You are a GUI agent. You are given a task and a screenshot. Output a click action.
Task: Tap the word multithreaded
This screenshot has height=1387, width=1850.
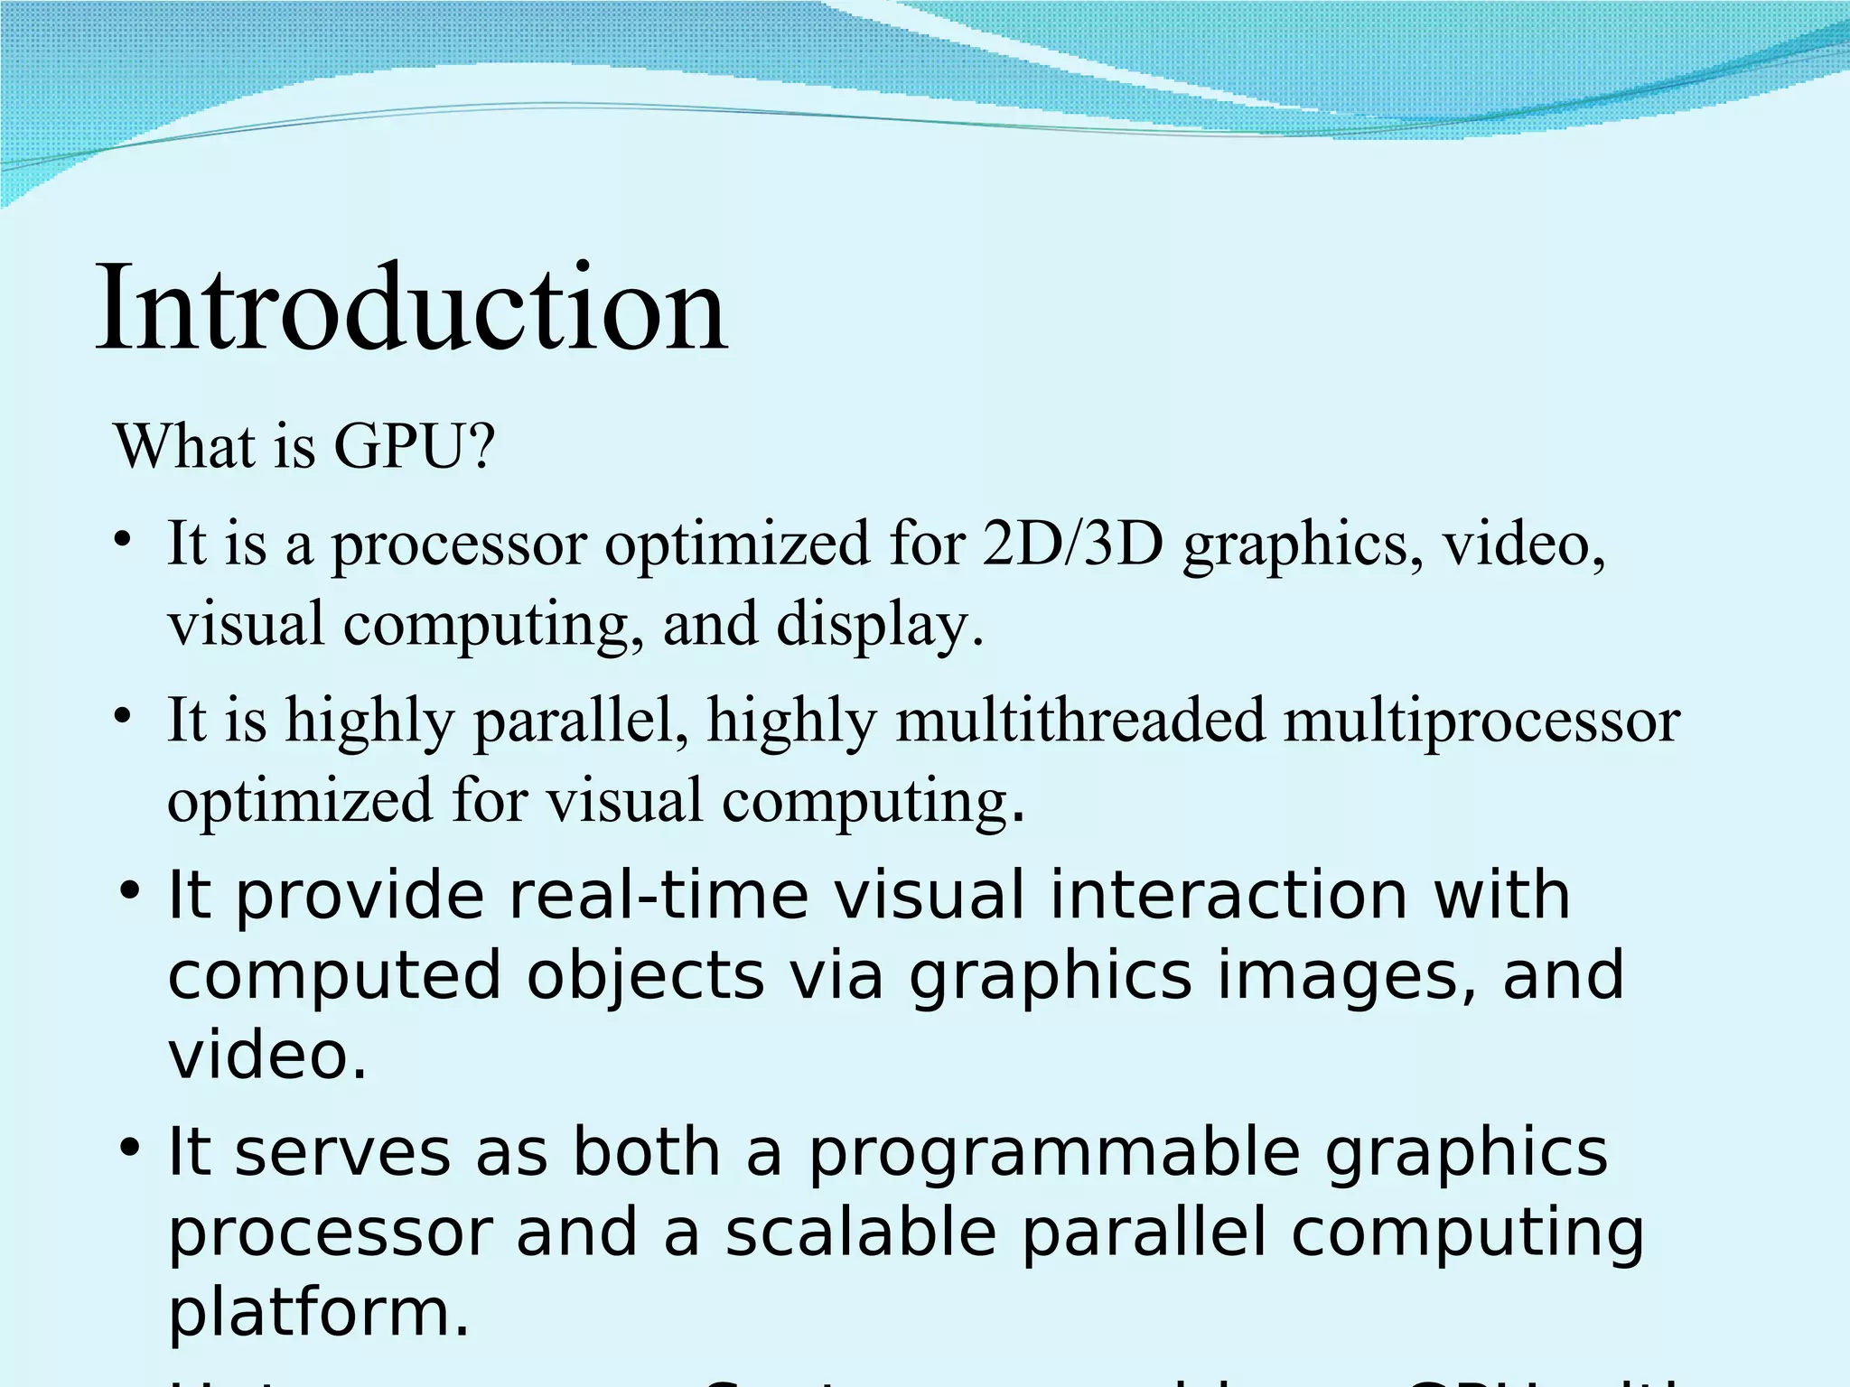(x=1080, y=721)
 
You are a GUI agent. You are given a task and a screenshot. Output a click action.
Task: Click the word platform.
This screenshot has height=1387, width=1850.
(x=319, y=1313)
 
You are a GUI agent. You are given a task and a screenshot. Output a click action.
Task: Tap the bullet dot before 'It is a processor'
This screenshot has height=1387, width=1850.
(x=124, y=542)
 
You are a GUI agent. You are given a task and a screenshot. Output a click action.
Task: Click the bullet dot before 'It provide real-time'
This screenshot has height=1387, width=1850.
(x=130, y=891)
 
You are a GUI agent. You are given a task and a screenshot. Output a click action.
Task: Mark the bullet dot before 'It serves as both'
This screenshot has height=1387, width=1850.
(x=130, y=1149)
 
